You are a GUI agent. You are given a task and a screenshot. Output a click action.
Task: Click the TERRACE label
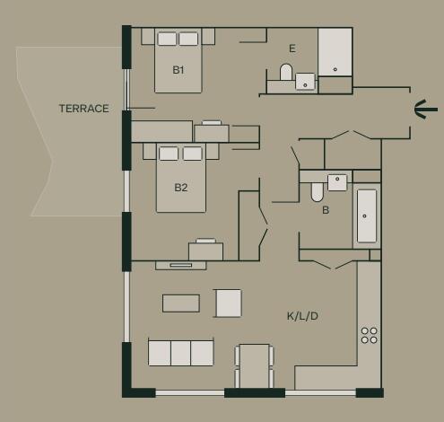[x=83, y=109]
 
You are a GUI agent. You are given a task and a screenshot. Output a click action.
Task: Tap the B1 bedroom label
[x=178, y=69]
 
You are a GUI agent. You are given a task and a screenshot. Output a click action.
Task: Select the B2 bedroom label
[x=181, y=188]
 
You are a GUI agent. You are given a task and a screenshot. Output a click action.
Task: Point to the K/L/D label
[x=302, y=316]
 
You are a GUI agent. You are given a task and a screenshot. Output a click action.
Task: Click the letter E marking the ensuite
[x=292, y=48]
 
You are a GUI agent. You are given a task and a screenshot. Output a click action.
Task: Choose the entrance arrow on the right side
[x=426, y=110]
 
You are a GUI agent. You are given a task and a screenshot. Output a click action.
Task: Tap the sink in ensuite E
[x=306, y=83]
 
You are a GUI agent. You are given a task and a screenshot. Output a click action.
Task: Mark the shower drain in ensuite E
[x=335, y=68]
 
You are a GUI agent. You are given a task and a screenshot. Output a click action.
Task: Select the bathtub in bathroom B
[x=366, y=215]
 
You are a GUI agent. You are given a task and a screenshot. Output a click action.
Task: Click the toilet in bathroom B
[x=318, y=191]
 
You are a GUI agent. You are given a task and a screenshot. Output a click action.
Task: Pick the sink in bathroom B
[x=337, y=180]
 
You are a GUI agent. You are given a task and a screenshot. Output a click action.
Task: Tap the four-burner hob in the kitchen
[x=369, y=335]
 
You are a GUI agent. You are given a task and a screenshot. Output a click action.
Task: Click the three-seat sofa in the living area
[x=181, y=353]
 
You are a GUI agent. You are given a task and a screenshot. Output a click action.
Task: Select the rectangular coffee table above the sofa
[x=181, y=303]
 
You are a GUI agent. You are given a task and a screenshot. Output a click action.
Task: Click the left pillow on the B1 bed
[x=168, y=39]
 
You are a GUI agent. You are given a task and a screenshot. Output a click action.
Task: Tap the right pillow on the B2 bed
[x=192, y=154]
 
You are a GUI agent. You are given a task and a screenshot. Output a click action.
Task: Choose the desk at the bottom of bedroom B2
[x=205, y=251]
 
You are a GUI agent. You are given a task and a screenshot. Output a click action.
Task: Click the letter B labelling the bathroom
[x=326, y=211]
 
